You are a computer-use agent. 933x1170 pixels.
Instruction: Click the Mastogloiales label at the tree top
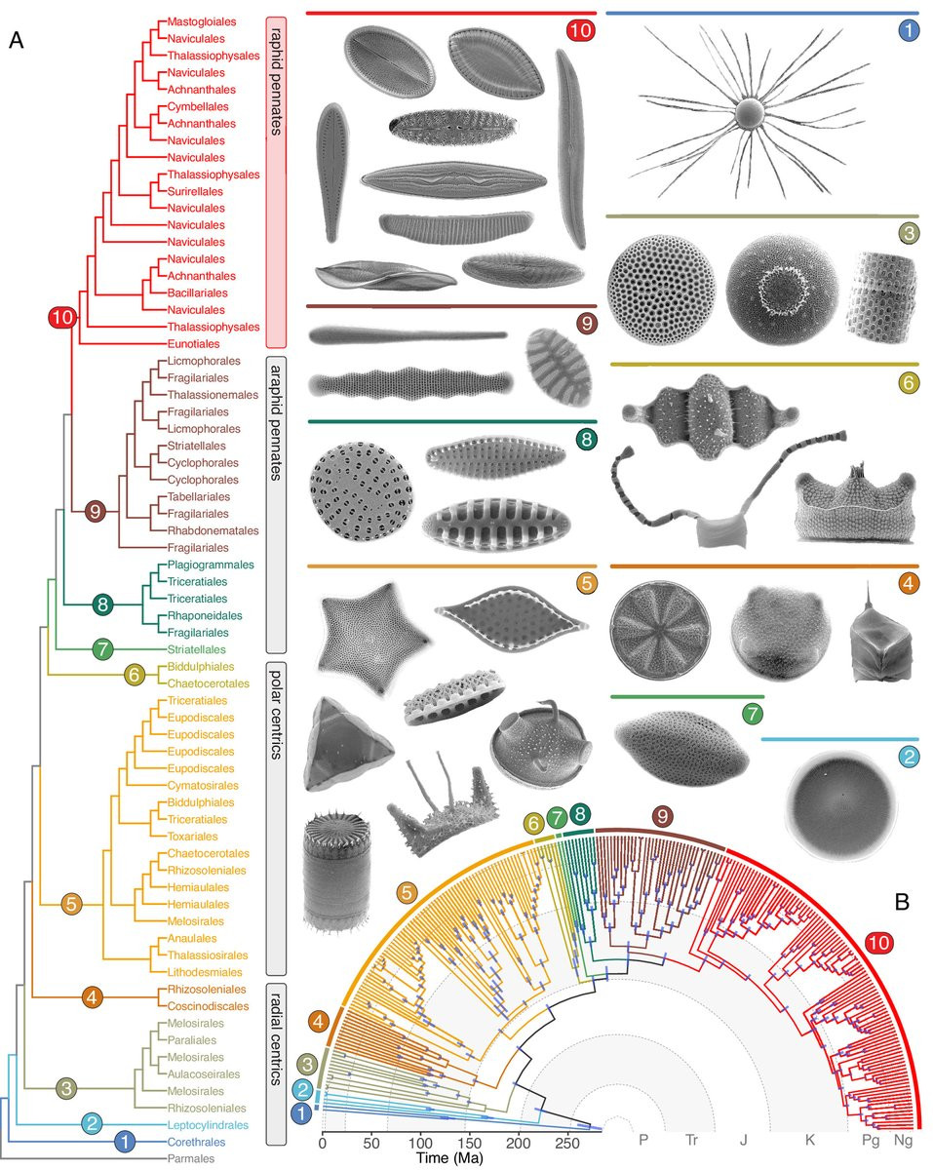point(202,21)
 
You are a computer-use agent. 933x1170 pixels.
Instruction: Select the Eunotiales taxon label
point(194,343)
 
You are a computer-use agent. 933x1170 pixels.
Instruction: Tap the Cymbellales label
point(198,106)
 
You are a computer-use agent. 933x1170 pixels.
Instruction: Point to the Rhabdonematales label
point(214,530)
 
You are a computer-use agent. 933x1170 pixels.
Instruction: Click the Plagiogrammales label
point(211,565)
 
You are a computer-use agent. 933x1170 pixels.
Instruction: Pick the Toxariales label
point(192,837)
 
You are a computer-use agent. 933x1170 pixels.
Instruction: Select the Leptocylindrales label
point(208,1125)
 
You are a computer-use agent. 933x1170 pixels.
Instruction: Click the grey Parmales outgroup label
point(191,1158)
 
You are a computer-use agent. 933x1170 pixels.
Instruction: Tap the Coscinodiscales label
point(208,1006)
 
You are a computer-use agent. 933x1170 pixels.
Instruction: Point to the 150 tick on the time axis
point(469,1143)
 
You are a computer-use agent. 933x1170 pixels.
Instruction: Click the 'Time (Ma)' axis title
point(449,1158)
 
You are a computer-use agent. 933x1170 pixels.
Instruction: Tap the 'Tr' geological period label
point(691,1140)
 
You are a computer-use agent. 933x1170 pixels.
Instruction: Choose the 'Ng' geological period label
point(903,1140)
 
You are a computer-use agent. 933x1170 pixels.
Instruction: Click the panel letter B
point(902,902)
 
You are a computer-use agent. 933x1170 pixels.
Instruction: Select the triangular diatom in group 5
point(348,745)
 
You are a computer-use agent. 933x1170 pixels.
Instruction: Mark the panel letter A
point(17,41)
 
